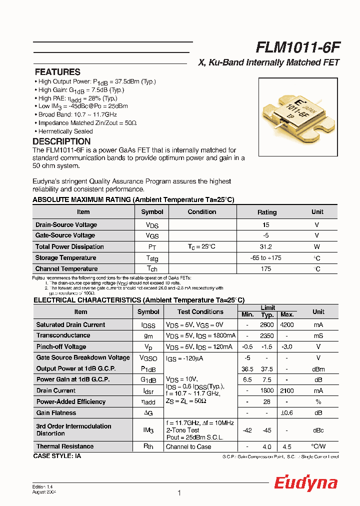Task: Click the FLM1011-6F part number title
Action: click(x=298, y=47)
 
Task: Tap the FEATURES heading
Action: click(x=57, y=72)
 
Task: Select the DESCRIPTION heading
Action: click(x=61, y=141)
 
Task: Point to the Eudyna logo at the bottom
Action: click(x=305, y=483)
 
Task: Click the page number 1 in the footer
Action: click(x=179, y=493)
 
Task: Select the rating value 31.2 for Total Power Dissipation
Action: click(x=266, y=247)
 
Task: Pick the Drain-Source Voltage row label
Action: click(x=66, y=225)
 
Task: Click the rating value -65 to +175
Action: click(x=266, y=258)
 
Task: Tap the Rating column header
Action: click(x=266, y=212)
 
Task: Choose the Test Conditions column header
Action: click(x=200, y=312)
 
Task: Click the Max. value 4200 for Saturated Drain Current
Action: click(x=286, y=325)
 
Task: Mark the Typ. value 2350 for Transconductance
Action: click(x=267, y=336)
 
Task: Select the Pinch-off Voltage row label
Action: click(x=61, y=347)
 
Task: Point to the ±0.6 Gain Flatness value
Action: click(x=286, y=413)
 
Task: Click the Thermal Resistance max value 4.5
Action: click(x=286, y=447)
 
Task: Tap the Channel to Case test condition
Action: click(x=188, y=447)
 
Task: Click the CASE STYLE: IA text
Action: click(x=57, y=456)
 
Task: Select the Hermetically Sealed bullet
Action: click(x=65, y=131)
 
